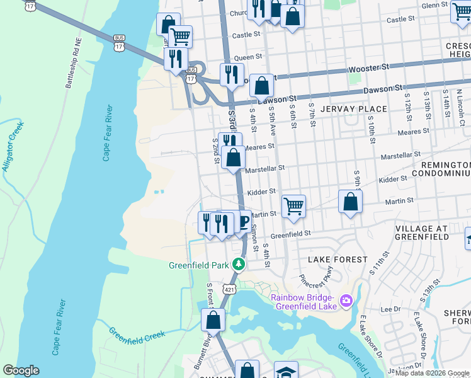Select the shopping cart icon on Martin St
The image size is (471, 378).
coord(293,206)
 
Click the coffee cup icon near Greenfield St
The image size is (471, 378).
coord(241,222)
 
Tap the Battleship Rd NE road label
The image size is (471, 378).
coord(69,62)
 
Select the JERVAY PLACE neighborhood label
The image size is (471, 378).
coord(347,109)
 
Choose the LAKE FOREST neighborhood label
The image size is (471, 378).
coord(338,260)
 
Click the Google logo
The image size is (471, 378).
coord(21,370)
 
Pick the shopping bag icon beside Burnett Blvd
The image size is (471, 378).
coord(213,319)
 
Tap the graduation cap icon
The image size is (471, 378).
coord(285,372)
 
